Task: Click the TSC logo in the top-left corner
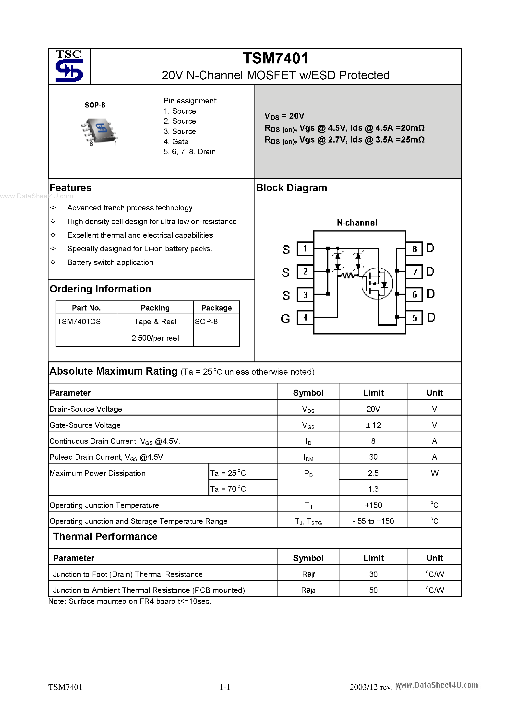tap(69, 66)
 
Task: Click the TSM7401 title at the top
tap(276, 58)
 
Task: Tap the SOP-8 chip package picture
tap(99, 131)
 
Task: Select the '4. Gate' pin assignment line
tap(176, 142)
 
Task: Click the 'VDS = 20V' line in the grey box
tap(284, 116)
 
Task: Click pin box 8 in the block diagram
tap(414, 249)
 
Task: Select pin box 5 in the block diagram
tap(414, 318)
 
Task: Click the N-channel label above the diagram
tap(357, 223)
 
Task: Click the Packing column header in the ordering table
tap(155, 308)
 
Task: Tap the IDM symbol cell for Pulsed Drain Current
tap(308, 457)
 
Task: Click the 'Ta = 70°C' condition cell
tap(228, 489)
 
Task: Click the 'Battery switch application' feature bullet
tap(110, 262)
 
